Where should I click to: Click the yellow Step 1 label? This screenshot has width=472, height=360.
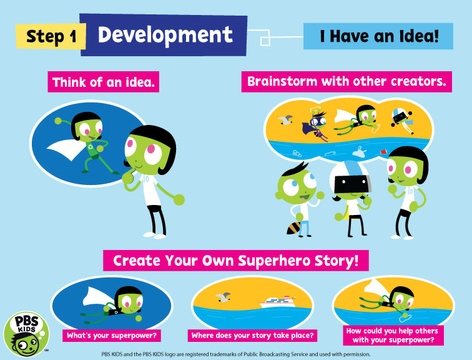(x=51, y=36)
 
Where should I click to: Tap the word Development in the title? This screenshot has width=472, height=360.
(x=165, y=35)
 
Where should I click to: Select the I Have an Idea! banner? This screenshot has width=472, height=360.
(x=378, y=36)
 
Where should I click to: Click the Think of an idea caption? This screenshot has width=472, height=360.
(x=103, y=82)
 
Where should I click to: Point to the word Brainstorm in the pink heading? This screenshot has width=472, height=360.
(x=282, y=81)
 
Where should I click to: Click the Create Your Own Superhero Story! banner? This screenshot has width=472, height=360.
(x=236, y=261)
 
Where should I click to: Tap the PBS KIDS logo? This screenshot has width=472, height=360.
(x=26, y=334)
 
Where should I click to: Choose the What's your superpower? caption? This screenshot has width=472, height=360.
(x=112, y=336)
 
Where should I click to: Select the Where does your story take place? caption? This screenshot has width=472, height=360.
(x=252, y=336)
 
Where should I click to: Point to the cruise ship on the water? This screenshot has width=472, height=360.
(x=278, y=302)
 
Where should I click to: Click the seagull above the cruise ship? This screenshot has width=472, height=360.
(x=223, y=297)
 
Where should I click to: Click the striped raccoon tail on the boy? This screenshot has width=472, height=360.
(x=293, y=228)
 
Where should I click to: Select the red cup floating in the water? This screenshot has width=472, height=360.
(x=383, y=152)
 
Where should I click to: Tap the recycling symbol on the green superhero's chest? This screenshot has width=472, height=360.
(x=91, y=147)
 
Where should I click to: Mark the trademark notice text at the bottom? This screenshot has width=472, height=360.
(x=236, y=354)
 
